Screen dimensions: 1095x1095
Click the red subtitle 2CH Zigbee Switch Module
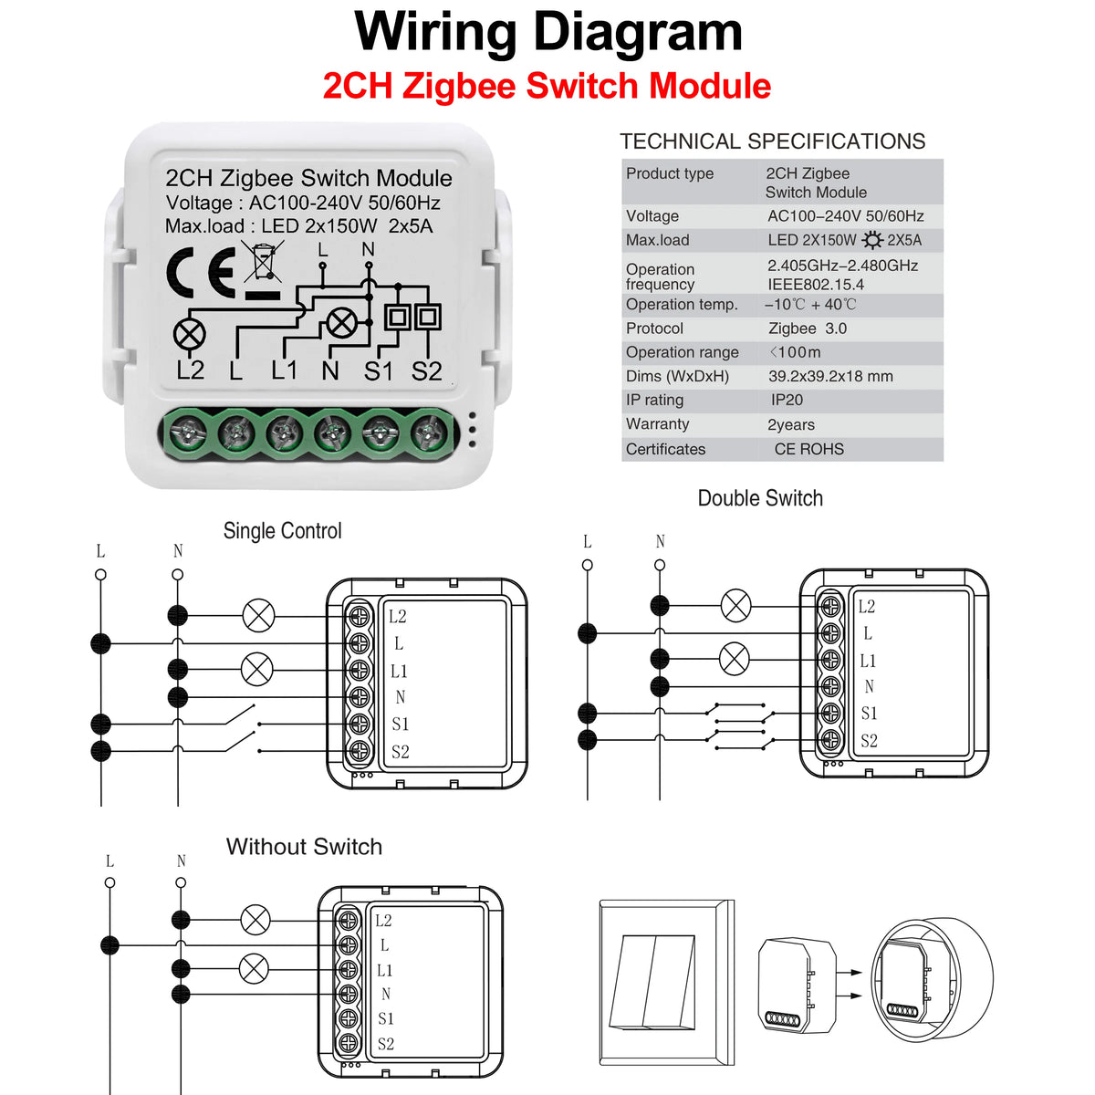tap(547, 86)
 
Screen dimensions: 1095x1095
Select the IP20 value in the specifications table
tap(787, 400)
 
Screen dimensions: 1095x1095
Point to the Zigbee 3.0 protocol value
tap(807, 328)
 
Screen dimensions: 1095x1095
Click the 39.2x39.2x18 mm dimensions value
tap(829, 376)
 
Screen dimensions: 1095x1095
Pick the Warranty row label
tap(657, 424)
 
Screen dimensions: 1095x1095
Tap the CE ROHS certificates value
tap(808, 449)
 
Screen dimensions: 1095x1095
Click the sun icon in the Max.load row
tap(872, 241)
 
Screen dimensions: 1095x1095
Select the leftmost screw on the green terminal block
tap(188, 432)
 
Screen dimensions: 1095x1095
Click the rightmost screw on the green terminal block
tap(427, 432)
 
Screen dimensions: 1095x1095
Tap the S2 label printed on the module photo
tap(426, 371)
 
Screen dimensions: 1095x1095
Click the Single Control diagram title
tap(282, 531)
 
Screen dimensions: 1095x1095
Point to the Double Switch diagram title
tap(760, 498)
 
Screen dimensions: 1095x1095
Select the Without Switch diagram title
tap(304, 847)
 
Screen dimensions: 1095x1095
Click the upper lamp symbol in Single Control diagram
tap(258, 616)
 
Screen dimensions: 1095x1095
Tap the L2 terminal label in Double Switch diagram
tap(866, 607)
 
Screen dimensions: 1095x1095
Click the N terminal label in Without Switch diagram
tap(386, 994)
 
